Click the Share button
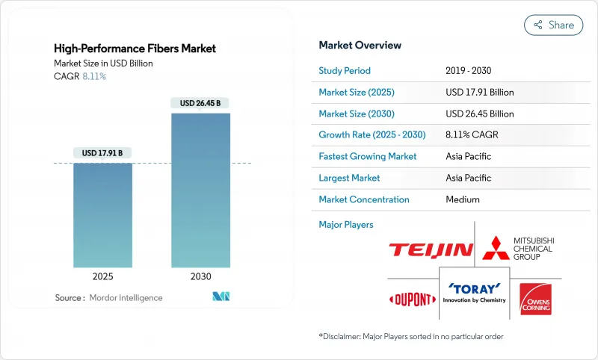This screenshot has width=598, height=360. [x=553, y=25]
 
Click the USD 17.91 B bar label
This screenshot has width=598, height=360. [x=102, y=153]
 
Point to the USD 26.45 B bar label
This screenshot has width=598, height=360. [x=200, y=103]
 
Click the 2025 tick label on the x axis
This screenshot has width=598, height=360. [x=102, y=276]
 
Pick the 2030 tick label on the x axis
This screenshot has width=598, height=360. [x=200, y=276]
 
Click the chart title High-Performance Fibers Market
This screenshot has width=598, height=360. [x=135, y=49]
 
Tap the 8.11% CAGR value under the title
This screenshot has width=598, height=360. [x=93, y=76]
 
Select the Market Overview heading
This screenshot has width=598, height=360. [x=360, y=45]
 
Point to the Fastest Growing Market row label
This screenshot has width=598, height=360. [x=368, y=157]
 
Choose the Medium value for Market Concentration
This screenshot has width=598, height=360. [x=463, y=199]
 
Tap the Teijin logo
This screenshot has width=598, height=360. [x=430, y=250]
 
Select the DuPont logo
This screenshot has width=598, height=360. [x=412, y=300]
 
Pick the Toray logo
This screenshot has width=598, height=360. [x=475, y=292]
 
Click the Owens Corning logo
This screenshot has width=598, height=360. [x=534, y=298]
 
